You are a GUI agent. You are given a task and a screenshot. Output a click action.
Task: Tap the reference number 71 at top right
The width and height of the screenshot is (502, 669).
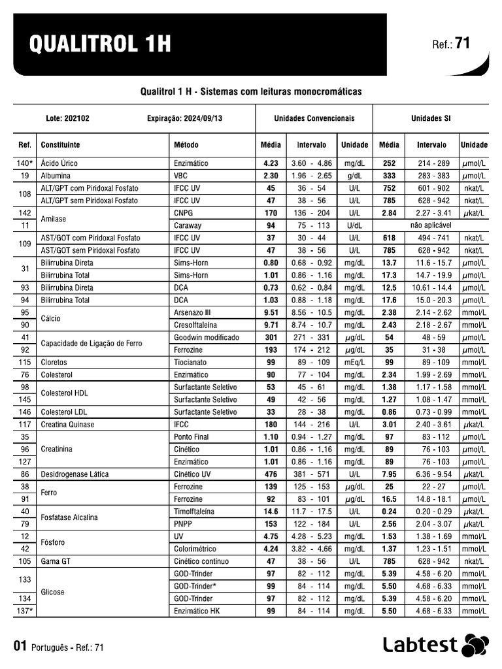(462, 44)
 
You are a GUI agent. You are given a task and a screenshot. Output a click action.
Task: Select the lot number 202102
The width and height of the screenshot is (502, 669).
(78, 119)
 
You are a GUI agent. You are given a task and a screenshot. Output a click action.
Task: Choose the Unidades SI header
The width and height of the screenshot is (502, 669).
(430, 119)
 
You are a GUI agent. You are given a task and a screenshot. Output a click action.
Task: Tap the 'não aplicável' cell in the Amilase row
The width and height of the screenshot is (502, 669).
(431, 225)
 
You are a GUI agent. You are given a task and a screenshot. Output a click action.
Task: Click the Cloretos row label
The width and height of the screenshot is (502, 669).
(54, 362)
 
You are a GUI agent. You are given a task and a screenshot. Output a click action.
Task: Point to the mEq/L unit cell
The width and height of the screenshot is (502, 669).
(354, 362)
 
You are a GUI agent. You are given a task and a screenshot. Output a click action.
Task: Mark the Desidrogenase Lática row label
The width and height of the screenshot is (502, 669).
(75, 474)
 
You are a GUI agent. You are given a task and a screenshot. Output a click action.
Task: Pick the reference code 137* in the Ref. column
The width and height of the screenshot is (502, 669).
(24, 611)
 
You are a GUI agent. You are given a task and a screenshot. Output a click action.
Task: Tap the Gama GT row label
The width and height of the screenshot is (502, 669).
(56, 561)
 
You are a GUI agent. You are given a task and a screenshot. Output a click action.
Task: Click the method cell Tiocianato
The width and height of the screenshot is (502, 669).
(191, 362)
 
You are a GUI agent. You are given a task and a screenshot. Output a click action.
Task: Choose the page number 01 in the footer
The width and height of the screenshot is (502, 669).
(20, 647)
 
